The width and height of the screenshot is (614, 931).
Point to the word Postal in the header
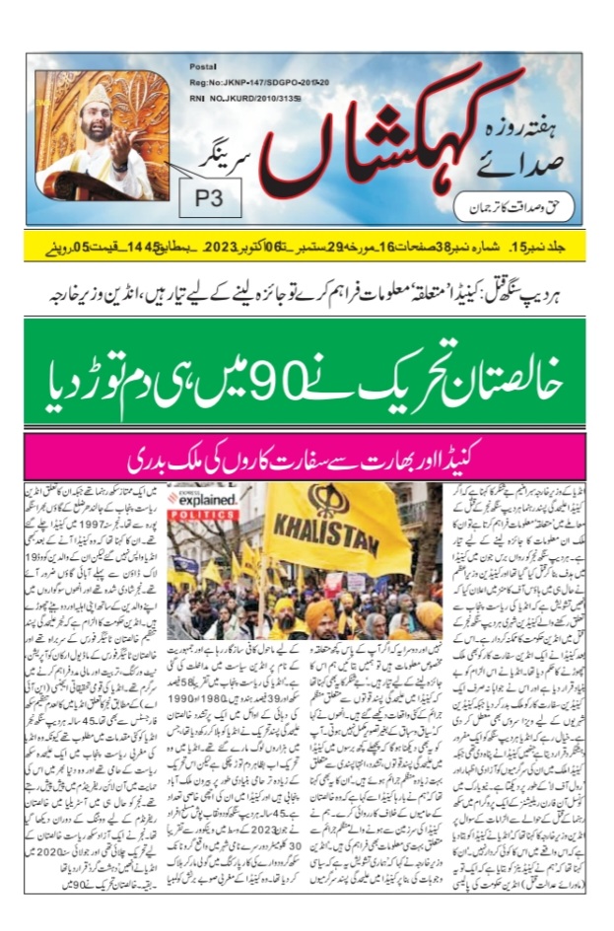(202, 65)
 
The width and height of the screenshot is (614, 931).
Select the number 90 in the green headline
(295, 378)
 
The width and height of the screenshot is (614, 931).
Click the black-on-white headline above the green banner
(307, 292)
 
